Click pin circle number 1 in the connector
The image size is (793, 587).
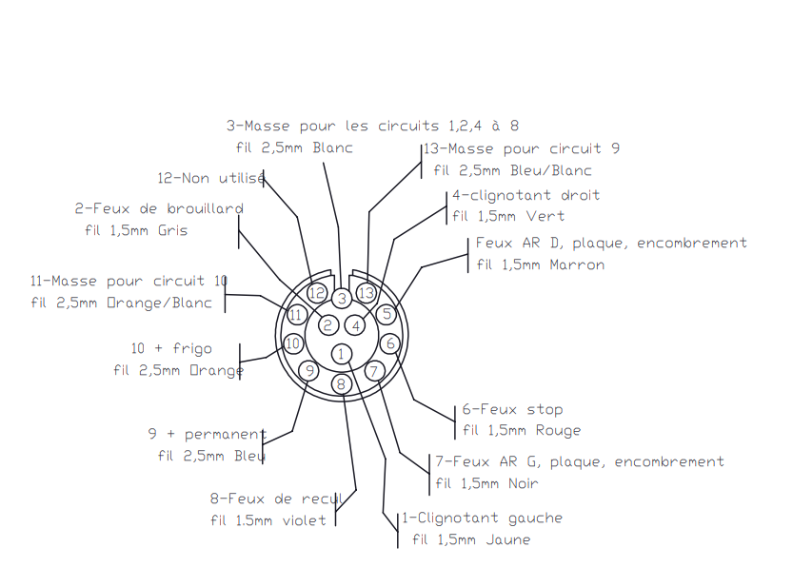pos(342,354)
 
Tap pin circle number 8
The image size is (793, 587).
pos(342,384)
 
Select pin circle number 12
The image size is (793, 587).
pos(317,293)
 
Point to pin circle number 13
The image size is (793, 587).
pos(367,293)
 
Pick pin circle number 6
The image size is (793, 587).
pos(390,343)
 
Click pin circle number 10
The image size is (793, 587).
pos(293,343)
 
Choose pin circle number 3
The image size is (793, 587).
pos(342,299)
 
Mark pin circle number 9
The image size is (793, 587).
pos(309,371)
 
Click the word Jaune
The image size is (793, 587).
pos(507,540)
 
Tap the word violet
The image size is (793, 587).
pos(304,520)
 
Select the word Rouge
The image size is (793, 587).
pos(558,430)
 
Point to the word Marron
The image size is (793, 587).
pos(577,264)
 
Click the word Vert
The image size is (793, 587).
pos(545,216)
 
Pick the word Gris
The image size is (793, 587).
pos(172,230)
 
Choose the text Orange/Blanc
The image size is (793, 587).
pos(159,303)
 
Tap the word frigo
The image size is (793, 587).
pos(192,349)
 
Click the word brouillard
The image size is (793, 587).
pos(205,208)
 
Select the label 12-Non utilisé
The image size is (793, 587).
pos(211,178)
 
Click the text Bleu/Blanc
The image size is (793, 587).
pos(551,170)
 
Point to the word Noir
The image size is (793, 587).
pos(523,483)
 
